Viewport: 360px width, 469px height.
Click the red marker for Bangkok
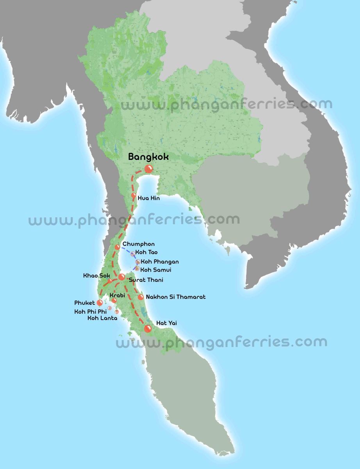click(149, 169)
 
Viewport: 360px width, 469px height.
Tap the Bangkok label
click(148, 157)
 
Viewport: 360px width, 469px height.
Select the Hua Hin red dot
click(134, 195)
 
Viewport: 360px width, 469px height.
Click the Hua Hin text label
click(148, 199)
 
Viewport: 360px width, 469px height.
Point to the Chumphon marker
click(118, 247)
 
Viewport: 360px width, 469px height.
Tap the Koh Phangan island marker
click(137, 262)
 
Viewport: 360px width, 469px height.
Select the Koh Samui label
click(156, 270)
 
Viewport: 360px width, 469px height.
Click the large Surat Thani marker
click(121, 277)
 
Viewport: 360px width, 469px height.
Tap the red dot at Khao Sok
click(110, 281)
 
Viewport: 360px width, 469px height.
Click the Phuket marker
click(100, 303)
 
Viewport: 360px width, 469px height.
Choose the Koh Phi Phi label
click(90, 311)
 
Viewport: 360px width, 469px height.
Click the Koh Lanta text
click(102, 318)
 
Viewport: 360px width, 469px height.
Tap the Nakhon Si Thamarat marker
click(141, 297)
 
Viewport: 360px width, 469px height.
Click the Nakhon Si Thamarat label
click(175, 297)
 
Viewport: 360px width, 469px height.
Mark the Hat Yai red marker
click(148, 329)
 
